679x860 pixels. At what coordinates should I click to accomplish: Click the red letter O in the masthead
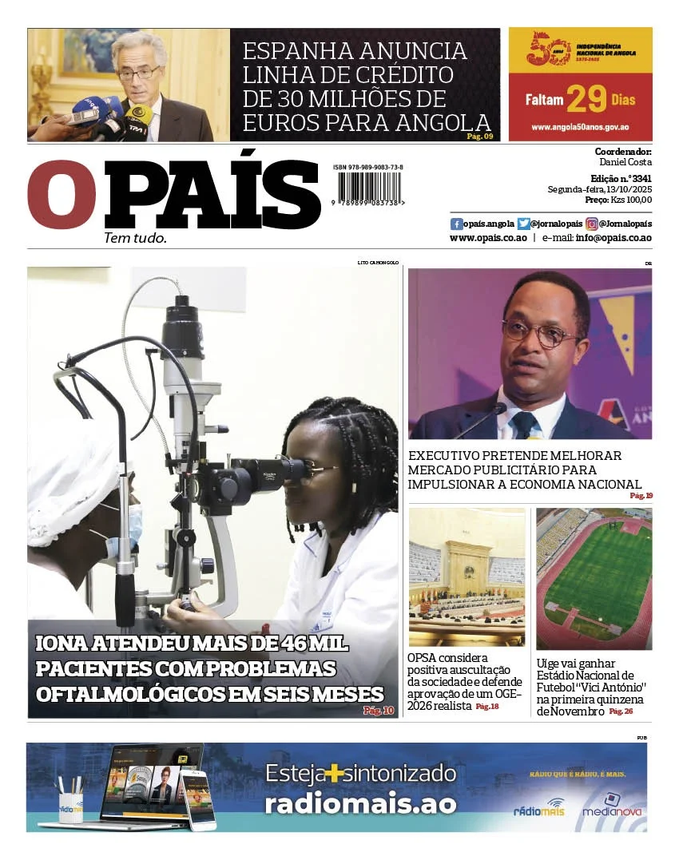62,195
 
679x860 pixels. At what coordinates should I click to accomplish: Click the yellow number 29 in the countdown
586,100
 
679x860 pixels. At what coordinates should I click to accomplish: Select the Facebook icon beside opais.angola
456,224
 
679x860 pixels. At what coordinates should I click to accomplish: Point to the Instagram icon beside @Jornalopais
592,224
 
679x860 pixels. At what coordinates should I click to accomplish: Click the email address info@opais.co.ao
613,238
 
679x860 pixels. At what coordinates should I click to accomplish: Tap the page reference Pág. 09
479,137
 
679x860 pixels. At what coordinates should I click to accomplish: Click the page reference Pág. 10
379,710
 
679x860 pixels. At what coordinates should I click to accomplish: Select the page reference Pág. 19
641,496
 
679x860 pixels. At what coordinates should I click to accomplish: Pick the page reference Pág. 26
621,711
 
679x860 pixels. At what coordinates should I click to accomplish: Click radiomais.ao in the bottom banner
360,803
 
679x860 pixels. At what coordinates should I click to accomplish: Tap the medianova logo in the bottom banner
612,806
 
